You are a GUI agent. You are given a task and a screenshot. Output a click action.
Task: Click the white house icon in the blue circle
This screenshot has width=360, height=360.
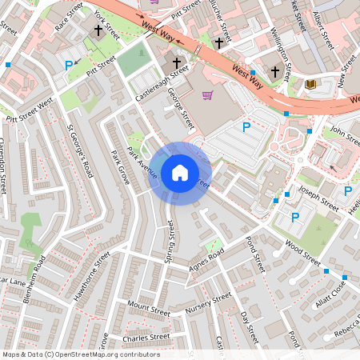coord(180,172)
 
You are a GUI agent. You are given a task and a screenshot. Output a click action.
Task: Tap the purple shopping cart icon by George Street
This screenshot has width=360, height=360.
coord(208,96)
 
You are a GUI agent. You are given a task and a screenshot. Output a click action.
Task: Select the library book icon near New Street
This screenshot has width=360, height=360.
coord(311,84)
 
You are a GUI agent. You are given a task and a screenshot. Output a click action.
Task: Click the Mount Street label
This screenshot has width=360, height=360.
coord(149,309)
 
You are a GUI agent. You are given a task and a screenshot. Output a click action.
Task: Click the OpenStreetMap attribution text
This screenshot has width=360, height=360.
coord(81,354)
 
